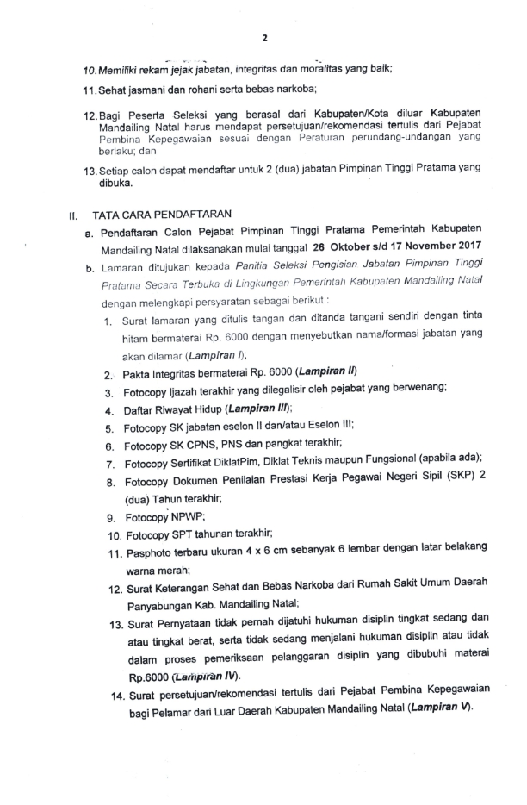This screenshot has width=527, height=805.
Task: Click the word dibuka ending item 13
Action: (113, 184)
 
